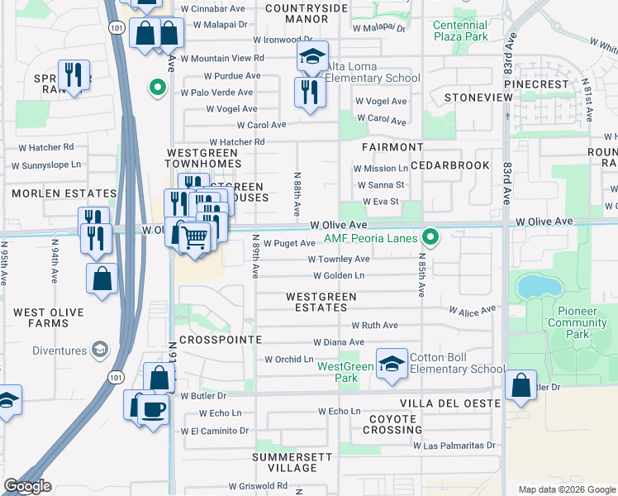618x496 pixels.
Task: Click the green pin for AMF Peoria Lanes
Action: coord(430,237)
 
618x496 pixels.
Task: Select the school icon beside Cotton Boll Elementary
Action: coord(392,364)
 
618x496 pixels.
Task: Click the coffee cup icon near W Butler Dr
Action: coord(153,409)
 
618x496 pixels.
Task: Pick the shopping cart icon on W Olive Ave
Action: coord(194,238)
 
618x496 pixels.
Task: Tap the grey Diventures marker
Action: coord(100,349)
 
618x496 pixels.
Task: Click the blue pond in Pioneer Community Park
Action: coord(537,287)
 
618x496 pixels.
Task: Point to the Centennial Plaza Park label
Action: coord(460,31)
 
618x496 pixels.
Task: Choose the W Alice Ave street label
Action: coord(473,309)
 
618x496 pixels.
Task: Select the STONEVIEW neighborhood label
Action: coord(478,98)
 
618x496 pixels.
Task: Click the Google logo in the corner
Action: coord(28,487)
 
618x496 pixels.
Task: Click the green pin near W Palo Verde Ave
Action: coord(157,87)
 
